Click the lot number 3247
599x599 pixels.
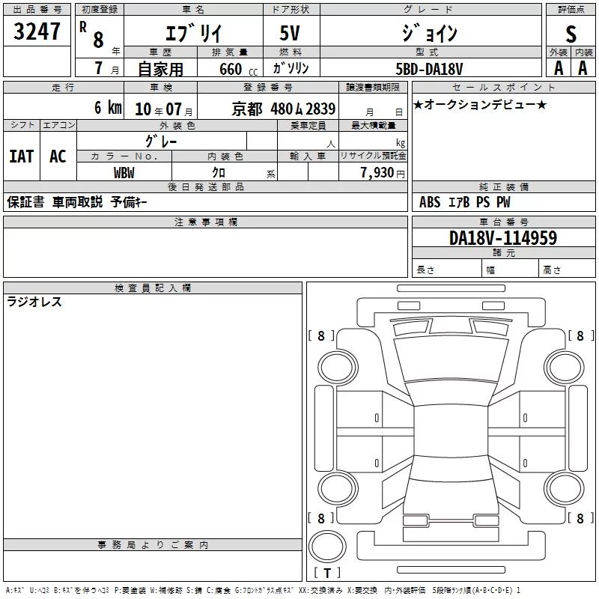[x=37, y=31]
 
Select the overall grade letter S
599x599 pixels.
[x=571, y=34]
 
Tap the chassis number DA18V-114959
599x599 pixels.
[x=503, y=237]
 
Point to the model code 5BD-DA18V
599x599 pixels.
[x=429, y=69]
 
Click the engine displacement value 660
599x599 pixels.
[x=231, y=69]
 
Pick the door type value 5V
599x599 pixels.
[x=290, y=33]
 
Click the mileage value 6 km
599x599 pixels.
[x=108, y=107]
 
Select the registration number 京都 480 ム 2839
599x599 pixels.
[x=284, y=109]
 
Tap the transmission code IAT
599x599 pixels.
[x=22, y=156]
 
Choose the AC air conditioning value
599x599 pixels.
[x=58, y=156]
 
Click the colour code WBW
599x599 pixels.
[x=124, y=173]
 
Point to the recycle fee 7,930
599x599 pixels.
[x=377, y=173]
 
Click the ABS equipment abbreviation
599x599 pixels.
[x=430, y=202]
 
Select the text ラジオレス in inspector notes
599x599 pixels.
[x=34, y=302]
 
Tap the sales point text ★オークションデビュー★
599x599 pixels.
[x=480, y=105]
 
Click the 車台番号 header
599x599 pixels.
[x=503, y=222]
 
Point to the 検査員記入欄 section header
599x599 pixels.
[x=153, y=288]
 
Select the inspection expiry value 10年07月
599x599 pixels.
[x=163, y=109]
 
